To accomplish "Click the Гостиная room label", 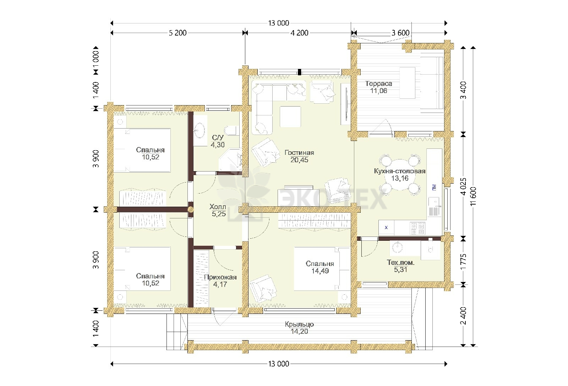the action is (299, 153).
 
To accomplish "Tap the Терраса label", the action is (378, 84).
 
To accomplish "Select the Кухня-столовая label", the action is (400, 171).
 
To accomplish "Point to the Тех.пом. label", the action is (401, 262).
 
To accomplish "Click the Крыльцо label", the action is (299, 324).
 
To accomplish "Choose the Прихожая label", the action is (220, 277).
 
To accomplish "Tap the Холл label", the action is (218, 207).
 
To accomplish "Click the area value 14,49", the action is (320, 271).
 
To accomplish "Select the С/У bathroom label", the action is (218, 138).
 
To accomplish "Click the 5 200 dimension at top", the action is (178, 33).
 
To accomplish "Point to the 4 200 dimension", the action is (300, 33).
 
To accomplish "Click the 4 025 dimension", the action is (463, 186).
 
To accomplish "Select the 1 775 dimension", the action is (463, 262).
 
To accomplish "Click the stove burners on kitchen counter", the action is (417, 228).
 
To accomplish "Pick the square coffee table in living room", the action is (290, 117).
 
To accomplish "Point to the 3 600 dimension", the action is (400, 33).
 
